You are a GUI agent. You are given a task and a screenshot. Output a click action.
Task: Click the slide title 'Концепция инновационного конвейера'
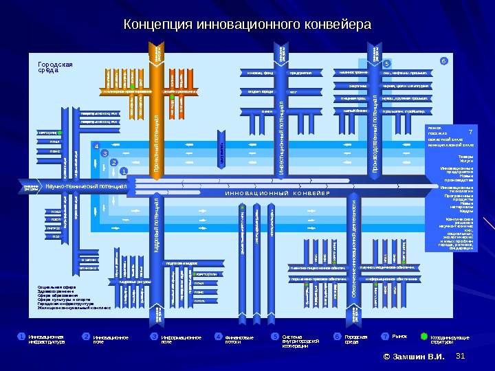point(247,25)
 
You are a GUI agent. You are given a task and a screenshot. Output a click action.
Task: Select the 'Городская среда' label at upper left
point(54,67)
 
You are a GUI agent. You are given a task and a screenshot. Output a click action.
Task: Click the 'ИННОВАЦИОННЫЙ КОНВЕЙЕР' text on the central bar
point(278,194)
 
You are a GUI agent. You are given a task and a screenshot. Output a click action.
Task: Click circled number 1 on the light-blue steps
point(124,170)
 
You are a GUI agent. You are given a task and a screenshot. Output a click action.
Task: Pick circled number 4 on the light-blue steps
point(97,146)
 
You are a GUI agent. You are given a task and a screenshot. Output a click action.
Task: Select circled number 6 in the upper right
point(444,61)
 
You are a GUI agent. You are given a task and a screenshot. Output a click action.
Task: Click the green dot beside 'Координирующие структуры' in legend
point(423,337)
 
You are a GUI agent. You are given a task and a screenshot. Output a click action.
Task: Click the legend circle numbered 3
point(155,337)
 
